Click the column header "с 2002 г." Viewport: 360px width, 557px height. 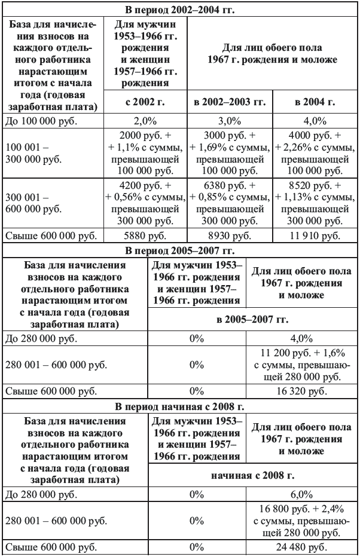point(145,102)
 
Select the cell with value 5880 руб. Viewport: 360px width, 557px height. point(145,236)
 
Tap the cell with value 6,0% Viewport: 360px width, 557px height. point(301,495)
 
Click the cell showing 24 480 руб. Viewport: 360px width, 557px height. point(301,548)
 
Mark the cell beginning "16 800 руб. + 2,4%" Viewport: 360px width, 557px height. point(301,521)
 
